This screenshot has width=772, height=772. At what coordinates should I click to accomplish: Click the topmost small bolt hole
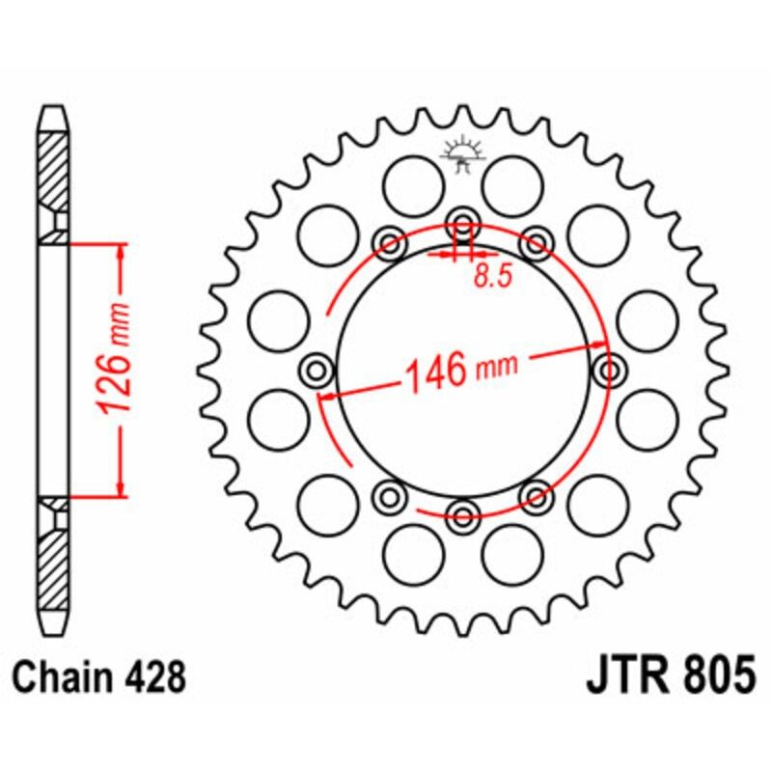coord(462,219)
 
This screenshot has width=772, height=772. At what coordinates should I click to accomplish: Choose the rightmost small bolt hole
coord(610,368)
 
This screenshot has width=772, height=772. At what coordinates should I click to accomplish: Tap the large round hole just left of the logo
coord(413,182)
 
